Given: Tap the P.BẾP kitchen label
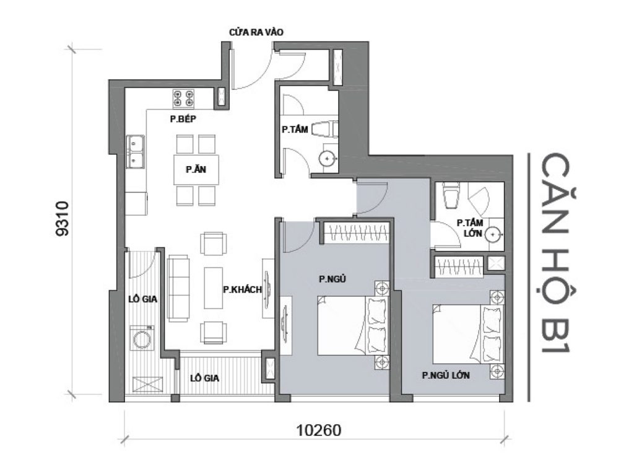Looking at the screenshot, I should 183,119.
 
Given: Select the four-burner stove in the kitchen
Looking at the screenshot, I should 183,98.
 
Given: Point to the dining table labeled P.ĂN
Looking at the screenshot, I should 196,169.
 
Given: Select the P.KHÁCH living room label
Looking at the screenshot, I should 243,289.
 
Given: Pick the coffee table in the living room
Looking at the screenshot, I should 214,288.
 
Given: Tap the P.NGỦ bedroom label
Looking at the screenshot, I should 331,280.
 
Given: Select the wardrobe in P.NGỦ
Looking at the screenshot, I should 357,234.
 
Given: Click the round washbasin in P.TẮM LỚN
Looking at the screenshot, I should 493,235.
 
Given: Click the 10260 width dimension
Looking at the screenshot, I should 316,430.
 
